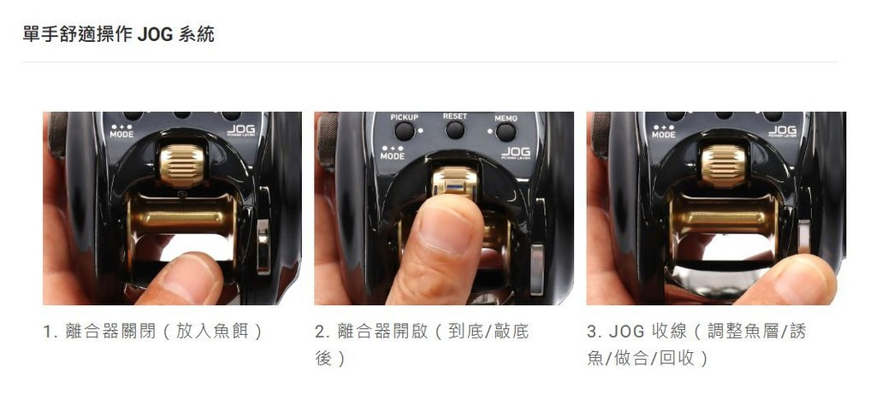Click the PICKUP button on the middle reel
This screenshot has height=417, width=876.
click(405, 132)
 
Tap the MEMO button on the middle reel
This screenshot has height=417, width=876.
click(506, 132)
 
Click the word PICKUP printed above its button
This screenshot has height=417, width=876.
click(405, 117)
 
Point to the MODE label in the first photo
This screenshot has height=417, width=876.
click(121, 134)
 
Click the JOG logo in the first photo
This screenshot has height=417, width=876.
click(241, 130)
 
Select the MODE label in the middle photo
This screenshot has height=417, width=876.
click(392, 156)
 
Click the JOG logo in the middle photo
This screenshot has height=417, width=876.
click(515, 152)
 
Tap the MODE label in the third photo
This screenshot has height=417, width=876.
click(664, 134)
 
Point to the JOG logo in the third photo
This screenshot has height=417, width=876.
click(783, 130)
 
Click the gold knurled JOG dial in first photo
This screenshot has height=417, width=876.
click(182, 165)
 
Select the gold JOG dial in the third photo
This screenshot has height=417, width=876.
click(724, 165)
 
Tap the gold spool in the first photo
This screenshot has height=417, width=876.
click(182, 216)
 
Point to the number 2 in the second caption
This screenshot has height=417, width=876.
click(320, 332)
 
